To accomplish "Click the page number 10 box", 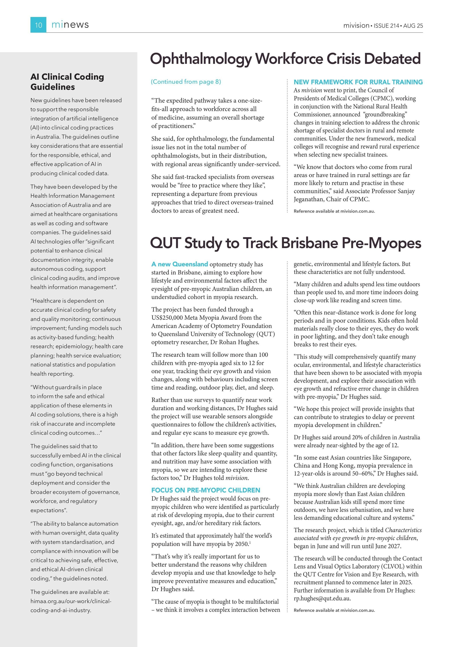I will [x=38, y=25].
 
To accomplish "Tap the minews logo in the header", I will [x=70, y=25].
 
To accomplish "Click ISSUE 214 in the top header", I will [x=386, y=26].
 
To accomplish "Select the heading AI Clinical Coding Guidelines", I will [x=67, y=82].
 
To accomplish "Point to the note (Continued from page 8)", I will [x=186, y=82].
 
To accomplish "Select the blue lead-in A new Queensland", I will [x=180, y=264].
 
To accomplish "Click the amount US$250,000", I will [x=167, y=317].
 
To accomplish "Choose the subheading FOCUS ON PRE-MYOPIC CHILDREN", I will [x=206, y=490].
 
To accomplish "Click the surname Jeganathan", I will [x=309, y=199].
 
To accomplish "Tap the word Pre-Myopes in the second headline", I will [x=381, y=243].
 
